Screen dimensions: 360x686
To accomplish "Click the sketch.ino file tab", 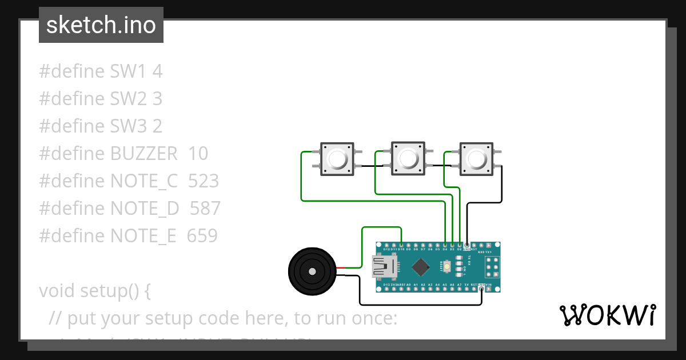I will [x=101, y=25].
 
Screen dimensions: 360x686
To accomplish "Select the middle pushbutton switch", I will [x=408, y=158].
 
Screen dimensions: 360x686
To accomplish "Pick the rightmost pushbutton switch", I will [x=477, y=158].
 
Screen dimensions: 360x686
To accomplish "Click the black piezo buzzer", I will [x=311, y=271].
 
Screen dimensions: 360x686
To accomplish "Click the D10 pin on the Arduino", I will [x=401, y=245].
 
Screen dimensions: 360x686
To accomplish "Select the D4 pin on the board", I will [x=445, y=245].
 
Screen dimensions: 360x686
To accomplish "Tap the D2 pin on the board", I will [x=460, y=245].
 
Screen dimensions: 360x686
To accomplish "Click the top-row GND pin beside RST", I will [x=466, y=245].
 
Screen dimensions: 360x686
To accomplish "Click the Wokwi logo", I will [x=607, y=315].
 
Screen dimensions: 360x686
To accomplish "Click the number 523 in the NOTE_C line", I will [x=203, y=181].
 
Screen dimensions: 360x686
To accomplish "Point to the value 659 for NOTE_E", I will [x=202, y=235].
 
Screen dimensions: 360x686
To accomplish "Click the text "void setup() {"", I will [x=95, y=291].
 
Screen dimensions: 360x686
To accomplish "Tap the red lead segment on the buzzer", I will [x=341, y=267].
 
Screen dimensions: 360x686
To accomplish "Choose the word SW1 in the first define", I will [x=129, y=71].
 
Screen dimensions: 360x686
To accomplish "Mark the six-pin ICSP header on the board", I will [x=492, y=267].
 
